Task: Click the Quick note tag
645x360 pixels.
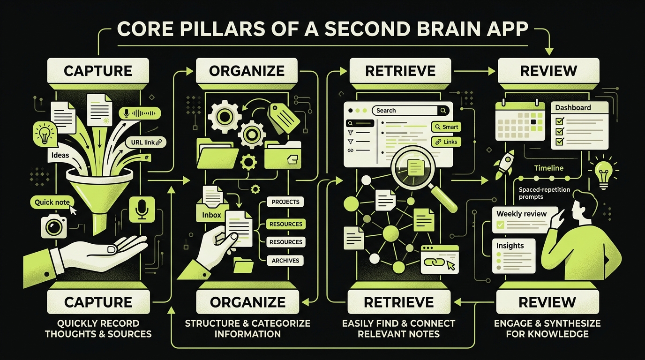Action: pyautogui.click(x=52, y=202)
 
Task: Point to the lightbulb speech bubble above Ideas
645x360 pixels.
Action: pyautogui.click(x=45, y=133)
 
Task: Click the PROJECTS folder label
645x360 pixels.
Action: pyautogui.click(x=285, y=202)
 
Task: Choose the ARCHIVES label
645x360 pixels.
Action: pyautogui.click(x=285, y=261)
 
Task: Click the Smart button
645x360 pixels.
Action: pyautogui.click(x=446, y=127)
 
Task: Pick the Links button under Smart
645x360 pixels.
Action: pyautogui.click(x=446, y=142)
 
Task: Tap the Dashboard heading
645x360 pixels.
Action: pyautogui.click(x=573, y=107)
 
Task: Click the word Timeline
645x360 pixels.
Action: pyautogui.click(x=548, y=168)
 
